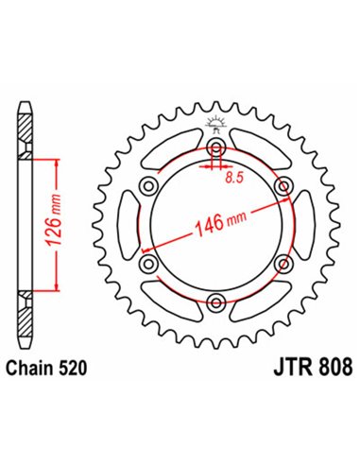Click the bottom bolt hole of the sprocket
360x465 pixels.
pyautogui.click(x=217, y=302)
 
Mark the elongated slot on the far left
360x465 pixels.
pyautogui.click(x=126, y=227)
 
